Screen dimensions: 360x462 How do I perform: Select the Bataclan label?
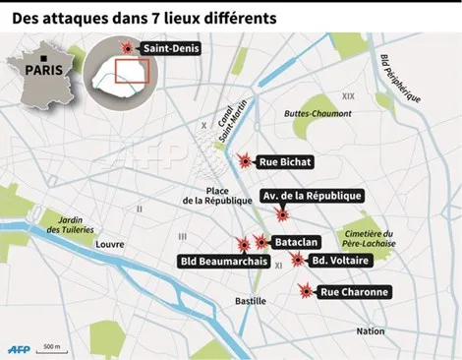[296, 241]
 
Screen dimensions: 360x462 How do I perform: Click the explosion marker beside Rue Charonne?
[307, 291]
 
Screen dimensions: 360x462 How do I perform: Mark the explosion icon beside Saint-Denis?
[126, 47]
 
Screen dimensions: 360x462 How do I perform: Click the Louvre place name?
[109, 243]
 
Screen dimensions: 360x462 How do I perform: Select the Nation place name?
[372, 331]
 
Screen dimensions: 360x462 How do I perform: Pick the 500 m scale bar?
[52, 348]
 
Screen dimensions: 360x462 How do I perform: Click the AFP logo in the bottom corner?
[19, 347]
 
